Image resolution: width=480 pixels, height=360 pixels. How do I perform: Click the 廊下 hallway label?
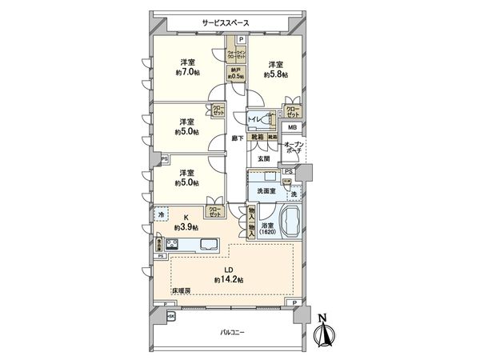(x=238, y=138)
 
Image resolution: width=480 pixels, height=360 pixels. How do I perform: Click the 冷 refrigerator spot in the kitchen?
(x=162, y=214)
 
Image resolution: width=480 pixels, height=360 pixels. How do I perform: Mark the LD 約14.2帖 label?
(x=228, y=274)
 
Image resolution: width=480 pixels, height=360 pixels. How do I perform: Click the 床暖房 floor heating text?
(x=181, y=290)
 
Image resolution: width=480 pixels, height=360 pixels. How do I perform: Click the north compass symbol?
(x=322, y=330)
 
